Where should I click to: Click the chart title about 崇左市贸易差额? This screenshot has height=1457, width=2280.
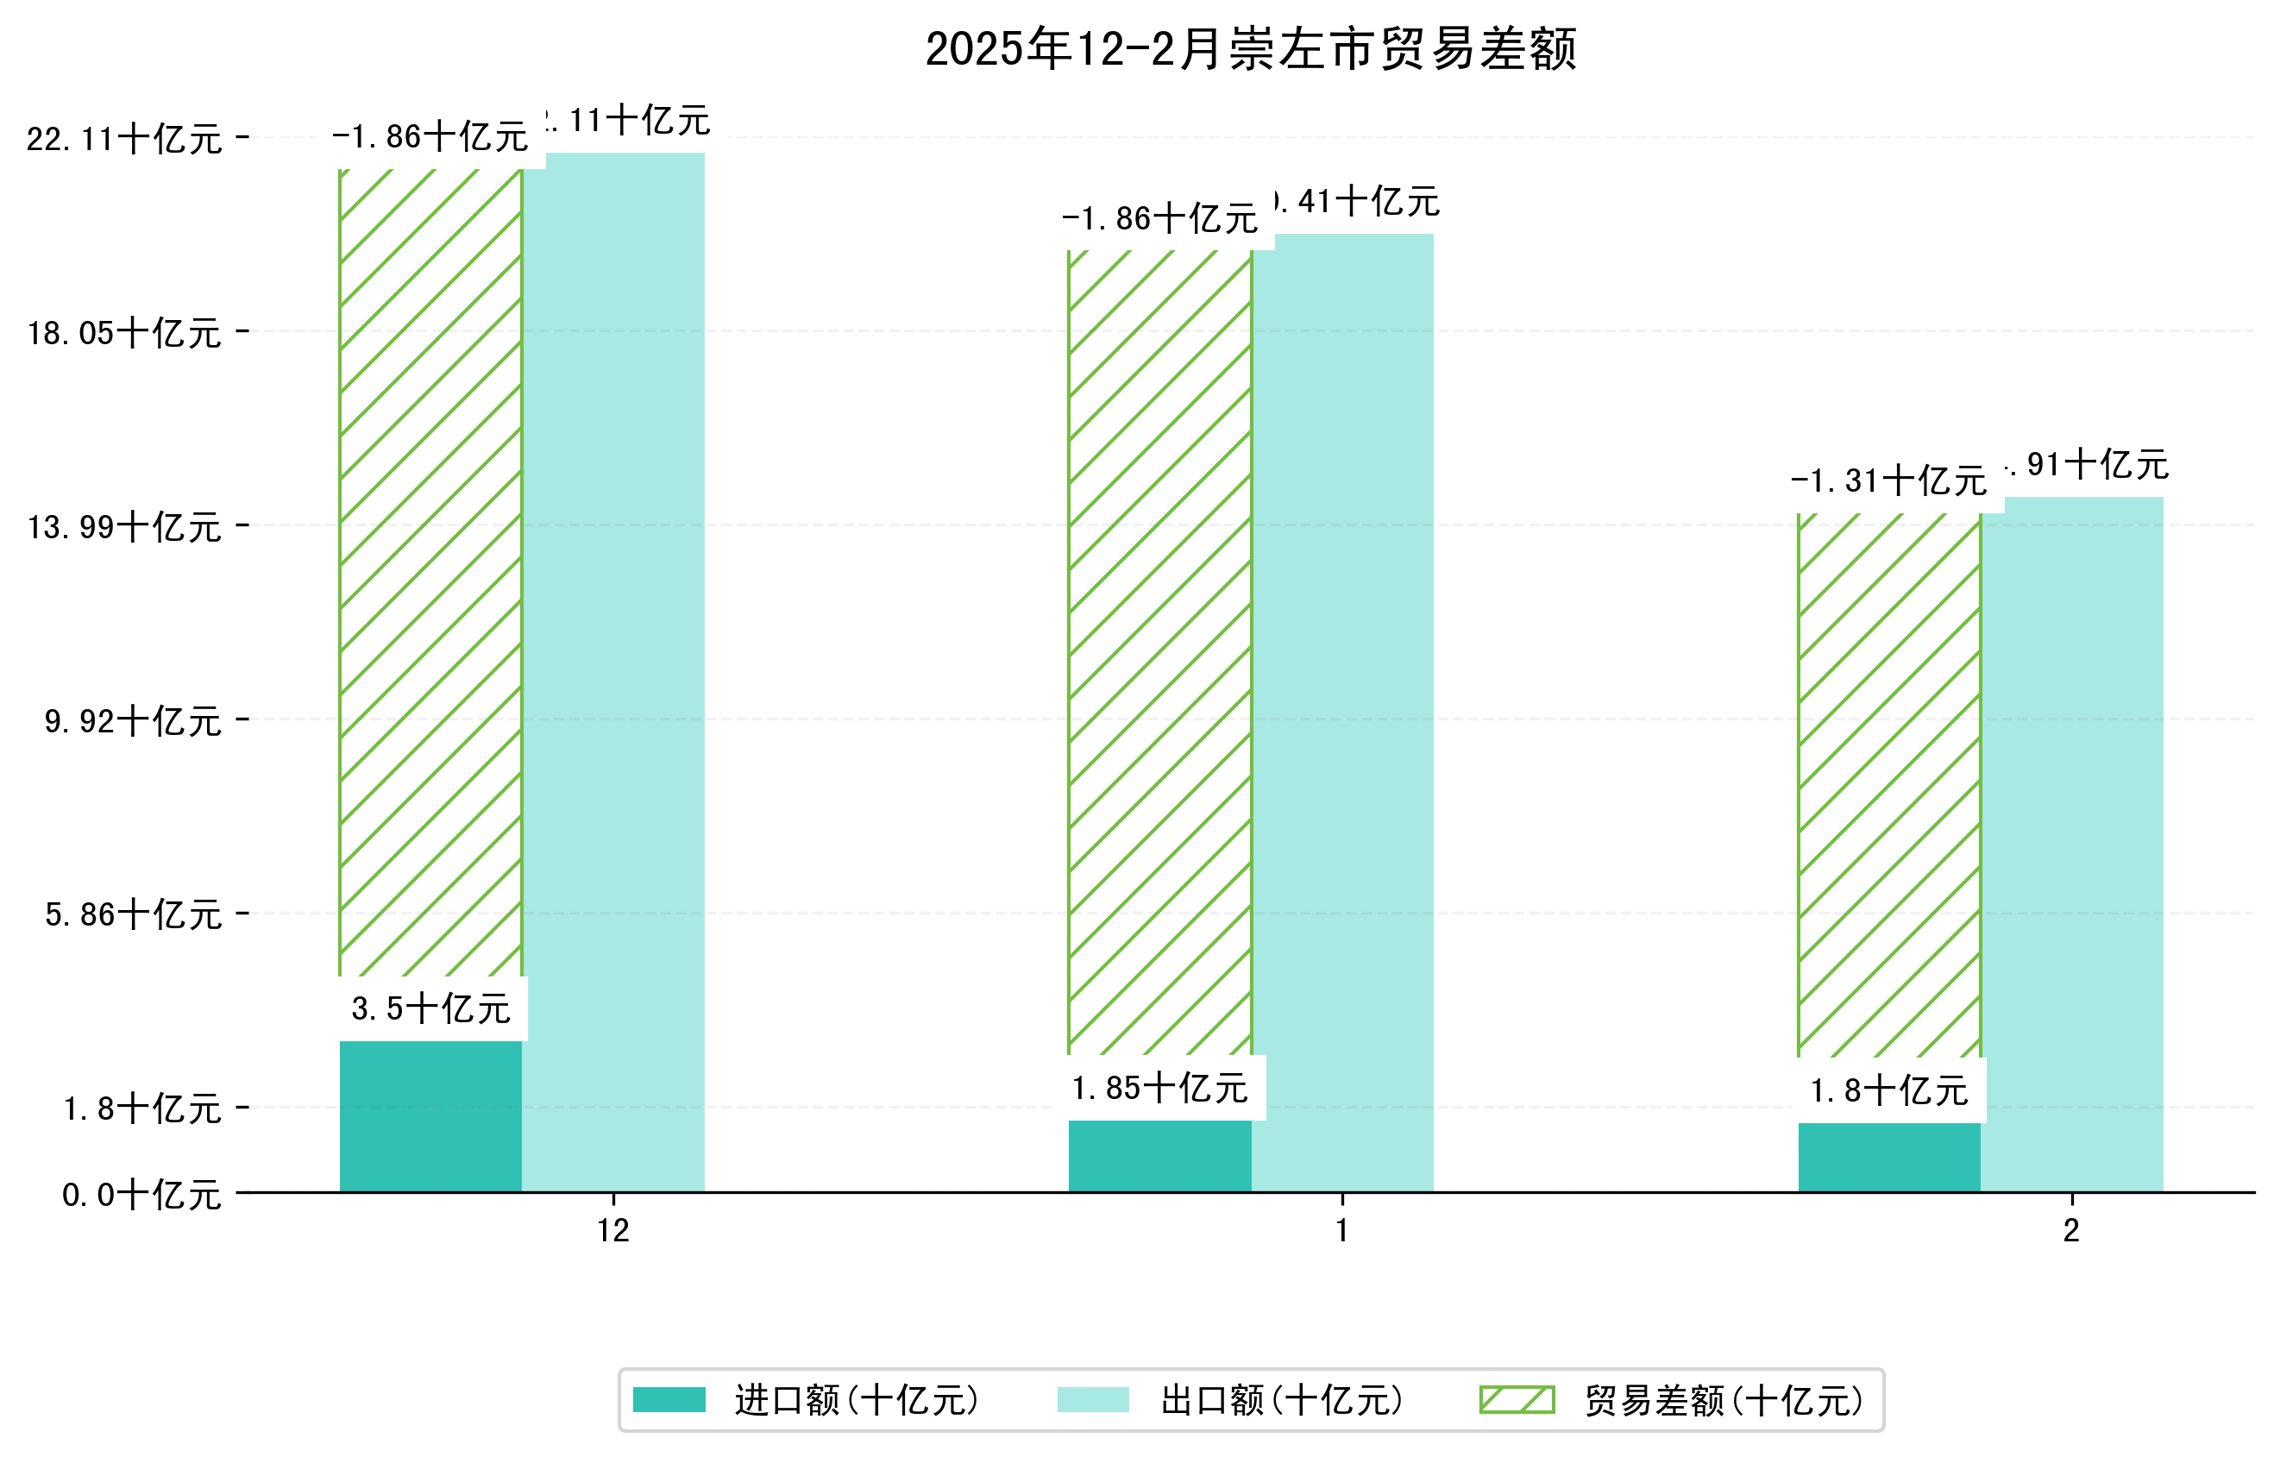1250,49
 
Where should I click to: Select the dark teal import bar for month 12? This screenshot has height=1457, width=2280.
430,1116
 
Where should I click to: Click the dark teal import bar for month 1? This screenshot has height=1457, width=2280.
1160,1156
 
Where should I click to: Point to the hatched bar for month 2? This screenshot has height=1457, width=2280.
1889,786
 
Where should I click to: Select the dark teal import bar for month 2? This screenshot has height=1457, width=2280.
1889,1157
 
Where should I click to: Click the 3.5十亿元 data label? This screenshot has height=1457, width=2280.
430,1009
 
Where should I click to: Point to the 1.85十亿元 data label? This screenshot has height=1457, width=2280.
1160,1089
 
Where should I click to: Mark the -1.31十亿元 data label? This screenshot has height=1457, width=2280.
1889,481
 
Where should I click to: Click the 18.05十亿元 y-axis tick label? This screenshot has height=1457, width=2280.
124,333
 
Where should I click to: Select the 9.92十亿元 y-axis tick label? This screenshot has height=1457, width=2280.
133,721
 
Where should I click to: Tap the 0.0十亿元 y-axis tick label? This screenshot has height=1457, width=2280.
141,1195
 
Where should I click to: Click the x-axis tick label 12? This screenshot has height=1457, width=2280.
613,1231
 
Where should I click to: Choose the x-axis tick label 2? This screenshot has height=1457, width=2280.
2072,1231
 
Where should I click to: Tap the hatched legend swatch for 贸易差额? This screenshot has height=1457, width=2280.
1517,1399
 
